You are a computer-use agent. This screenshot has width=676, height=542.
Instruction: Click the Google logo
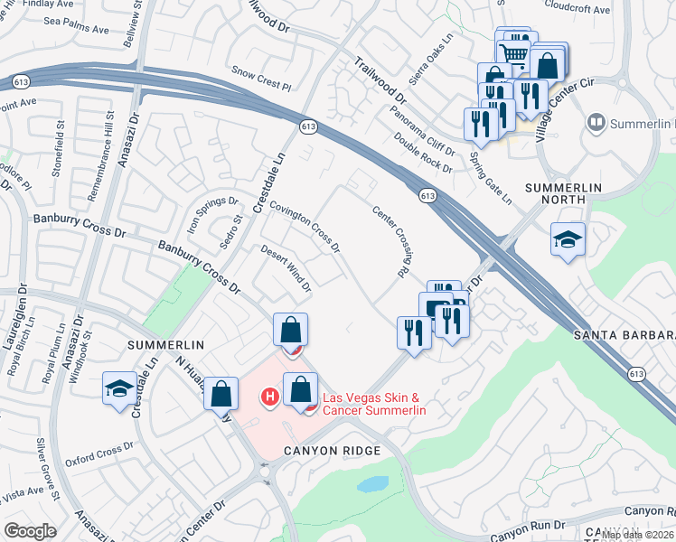click(x=30, y=531)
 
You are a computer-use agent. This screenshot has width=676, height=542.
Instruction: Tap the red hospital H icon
click(x=268, y=396)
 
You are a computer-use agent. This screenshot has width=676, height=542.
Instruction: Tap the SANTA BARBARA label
click(x=624, y=334)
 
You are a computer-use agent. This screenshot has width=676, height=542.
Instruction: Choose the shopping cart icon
click(x=514, y=52)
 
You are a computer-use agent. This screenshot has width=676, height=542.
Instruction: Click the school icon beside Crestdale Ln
click(x=118, y=388)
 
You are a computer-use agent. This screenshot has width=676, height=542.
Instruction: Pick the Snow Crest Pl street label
click(x=261, y=78)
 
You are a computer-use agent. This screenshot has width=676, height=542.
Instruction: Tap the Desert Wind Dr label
click(x=286, y=269)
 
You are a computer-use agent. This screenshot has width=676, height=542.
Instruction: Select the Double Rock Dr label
click(x=423, y=151)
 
